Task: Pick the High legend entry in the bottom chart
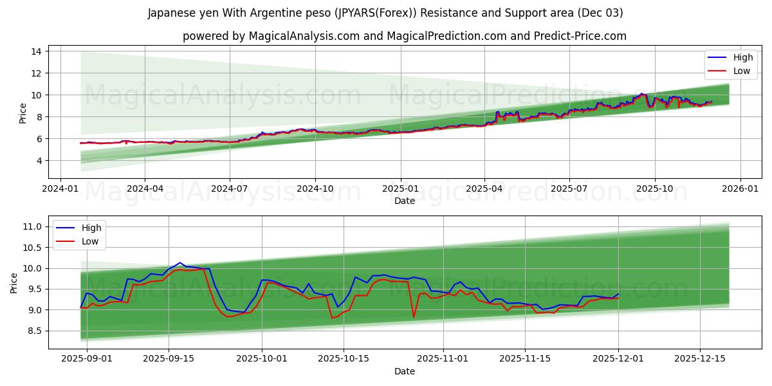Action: pyautogui.click(x=91, y=228)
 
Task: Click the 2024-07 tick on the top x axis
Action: pyautogui.click(x=230, y=189)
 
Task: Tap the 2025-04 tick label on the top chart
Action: pyautogui.click(x=484, y=189)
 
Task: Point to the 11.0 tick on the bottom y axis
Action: pyautogui.click(x=33, y=226)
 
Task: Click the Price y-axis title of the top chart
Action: pyautogui.click(x=23, y=113)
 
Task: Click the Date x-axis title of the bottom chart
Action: pyautogui.click(x=405, y=371)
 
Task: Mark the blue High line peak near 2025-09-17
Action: pyautogui.click(x=180, y=262)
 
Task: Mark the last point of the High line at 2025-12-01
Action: pyautogui.click(x=618, y=294)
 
